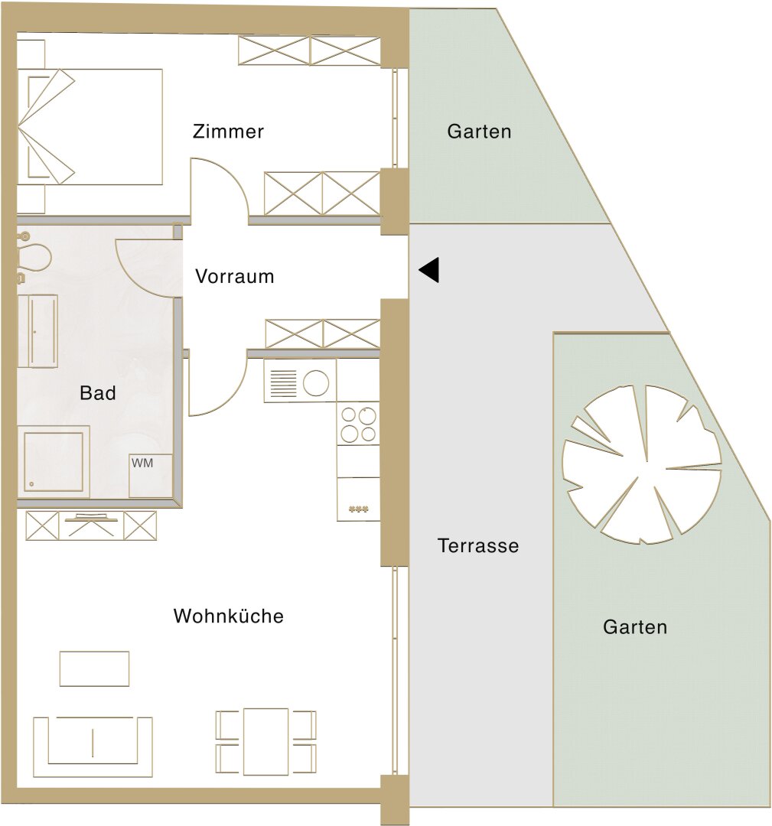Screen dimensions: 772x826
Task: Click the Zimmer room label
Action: [x=228, y=132]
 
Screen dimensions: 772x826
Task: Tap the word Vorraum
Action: [x=234, y=276]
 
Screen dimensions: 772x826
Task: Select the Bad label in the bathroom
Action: [x=97, y=393]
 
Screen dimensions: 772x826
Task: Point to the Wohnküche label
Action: [x=228, y=616]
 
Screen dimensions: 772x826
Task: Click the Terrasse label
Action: [x=478, y=546]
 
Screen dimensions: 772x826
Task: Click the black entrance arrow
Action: [x=429, y=270]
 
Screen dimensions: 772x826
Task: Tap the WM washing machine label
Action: [x=142, y=463]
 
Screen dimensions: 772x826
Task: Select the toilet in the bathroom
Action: [x=33, y=256]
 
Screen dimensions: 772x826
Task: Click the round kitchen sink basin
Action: [x=316, y=382]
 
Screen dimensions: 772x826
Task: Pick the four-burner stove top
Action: [x=358, y=424]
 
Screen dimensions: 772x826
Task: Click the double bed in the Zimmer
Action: [x=90, y=126]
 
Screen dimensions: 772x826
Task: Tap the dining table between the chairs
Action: [x=265, y=741]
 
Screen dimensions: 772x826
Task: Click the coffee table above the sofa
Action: [x=94, y=668]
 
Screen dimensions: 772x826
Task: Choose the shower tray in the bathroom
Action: [x=54, y=462]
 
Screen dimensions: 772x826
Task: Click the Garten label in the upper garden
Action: [x=479, y=132]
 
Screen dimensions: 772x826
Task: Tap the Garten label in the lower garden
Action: [x=635, y=627]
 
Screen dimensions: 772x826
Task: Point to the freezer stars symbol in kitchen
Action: [x=358, y=509]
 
